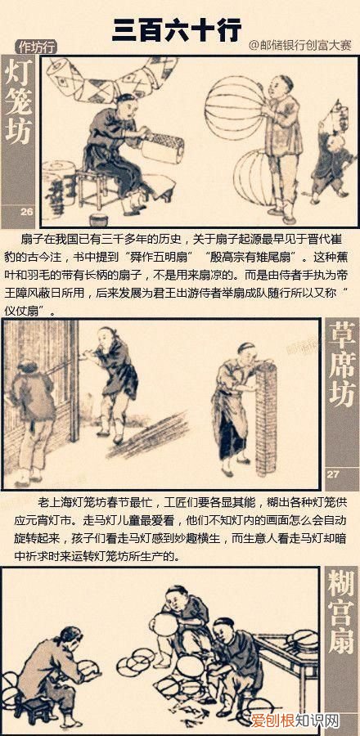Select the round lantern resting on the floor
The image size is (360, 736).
tap(258, 177)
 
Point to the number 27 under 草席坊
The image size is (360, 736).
tap(333, 473)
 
